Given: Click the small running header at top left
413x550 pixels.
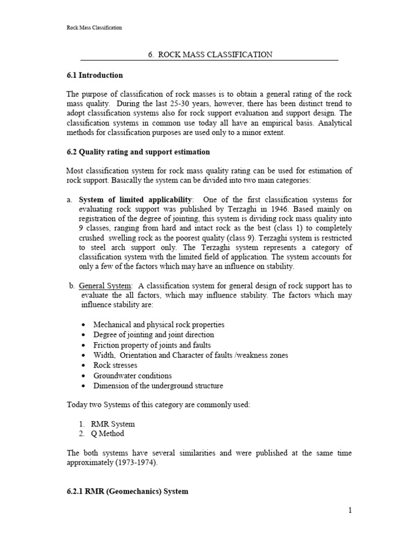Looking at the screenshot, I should coord(94,27).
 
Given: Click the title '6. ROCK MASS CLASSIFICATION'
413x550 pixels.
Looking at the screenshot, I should coord(210,55).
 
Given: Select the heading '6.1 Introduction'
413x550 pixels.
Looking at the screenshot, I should coord(94,75).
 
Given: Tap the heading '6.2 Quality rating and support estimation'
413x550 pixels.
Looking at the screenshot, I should coord(138,152).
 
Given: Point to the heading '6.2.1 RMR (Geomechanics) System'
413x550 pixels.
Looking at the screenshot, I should coord(127,491).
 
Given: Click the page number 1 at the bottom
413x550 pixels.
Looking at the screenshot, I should coord(350,510).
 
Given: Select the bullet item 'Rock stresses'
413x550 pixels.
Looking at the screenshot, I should coord(115,365).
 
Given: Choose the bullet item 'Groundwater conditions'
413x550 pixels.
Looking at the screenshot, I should coord(132,375).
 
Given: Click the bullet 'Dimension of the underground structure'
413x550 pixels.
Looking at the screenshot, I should coord(158,386).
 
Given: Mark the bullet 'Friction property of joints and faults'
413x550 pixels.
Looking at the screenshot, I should coord(152,345).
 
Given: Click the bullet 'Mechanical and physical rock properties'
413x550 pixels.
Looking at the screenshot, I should coord(159,324).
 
